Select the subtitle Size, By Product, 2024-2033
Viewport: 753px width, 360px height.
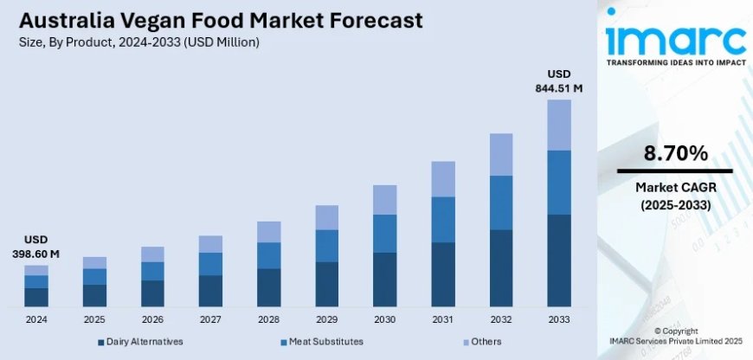tap(138, 42)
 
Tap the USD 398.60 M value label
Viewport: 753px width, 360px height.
tap(35, 247)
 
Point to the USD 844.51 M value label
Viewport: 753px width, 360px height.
tap(559, 80)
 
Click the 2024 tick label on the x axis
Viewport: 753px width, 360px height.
tap(35, 319)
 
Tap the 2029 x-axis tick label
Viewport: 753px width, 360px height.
tap(326, 319)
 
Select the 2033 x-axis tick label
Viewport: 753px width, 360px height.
tap(559, 319)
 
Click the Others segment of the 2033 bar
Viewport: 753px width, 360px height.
tap(559, 125)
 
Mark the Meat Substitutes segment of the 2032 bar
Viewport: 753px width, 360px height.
tap(501, 202)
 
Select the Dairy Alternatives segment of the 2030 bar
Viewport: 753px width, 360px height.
tap(384, 280)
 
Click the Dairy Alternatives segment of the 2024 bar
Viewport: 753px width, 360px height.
tap(35, 297)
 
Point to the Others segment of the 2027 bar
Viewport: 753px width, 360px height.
tap(210, 244)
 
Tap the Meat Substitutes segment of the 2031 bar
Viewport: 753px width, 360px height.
tap(443, 219)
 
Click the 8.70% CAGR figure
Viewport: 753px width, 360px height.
tap(675, 154)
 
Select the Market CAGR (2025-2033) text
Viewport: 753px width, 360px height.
tap(675, 196)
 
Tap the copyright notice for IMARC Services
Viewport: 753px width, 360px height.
tap(674, 337)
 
